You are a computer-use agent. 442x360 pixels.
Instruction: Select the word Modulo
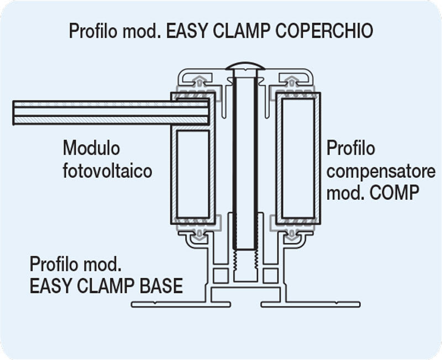(91, 148)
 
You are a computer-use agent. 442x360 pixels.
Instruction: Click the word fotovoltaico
(107, 171)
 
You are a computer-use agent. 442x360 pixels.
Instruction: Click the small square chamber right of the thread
(270, 275)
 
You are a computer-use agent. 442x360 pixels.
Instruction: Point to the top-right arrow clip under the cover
(292, 82)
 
